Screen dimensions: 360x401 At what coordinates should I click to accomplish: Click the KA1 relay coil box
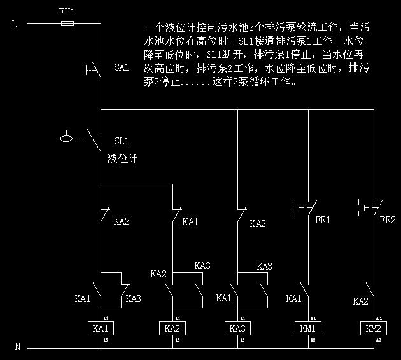tap(101, 329)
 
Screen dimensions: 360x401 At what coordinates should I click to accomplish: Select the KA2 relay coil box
tap(172, 329)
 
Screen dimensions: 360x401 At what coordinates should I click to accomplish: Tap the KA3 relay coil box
tap(237, 329)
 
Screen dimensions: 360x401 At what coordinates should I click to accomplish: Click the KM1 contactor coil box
tap(308, 329)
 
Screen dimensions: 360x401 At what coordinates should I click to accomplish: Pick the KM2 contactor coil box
tap(374, 329)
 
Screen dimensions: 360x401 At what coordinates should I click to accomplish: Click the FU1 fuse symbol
tap(66, 24)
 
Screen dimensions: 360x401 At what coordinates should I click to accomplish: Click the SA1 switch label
tap(121, 67)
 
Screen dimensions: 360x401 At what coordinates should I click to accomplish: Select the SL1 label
tap(122, 141)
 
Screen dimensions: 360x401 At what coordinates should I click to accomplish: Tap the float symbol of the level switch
tap(65, 137)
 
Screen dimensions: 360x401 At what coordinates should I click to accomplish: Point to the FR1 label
tap(324, 220)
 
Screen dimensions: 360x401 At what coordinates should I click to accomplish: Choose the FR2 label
tap(388, 220)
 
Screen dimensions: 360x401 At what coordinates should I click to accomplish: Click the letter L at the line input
tap(15, 24)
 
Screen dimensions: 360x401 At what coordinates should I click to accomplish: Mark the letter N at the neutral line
tap(17, 347)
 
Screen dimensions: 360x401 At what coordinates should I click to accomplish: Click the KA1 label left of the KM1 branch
tap(294, 298)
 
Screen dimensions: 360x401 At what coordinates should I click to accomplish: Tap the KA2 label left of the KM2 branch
tap(360, 301)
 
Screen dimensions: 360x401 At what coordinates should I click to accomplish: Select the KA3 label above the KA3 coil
tap(264, 266)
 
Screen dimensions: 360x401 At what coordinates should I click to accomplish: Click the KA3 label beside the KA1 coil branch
tap(134, 298)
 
